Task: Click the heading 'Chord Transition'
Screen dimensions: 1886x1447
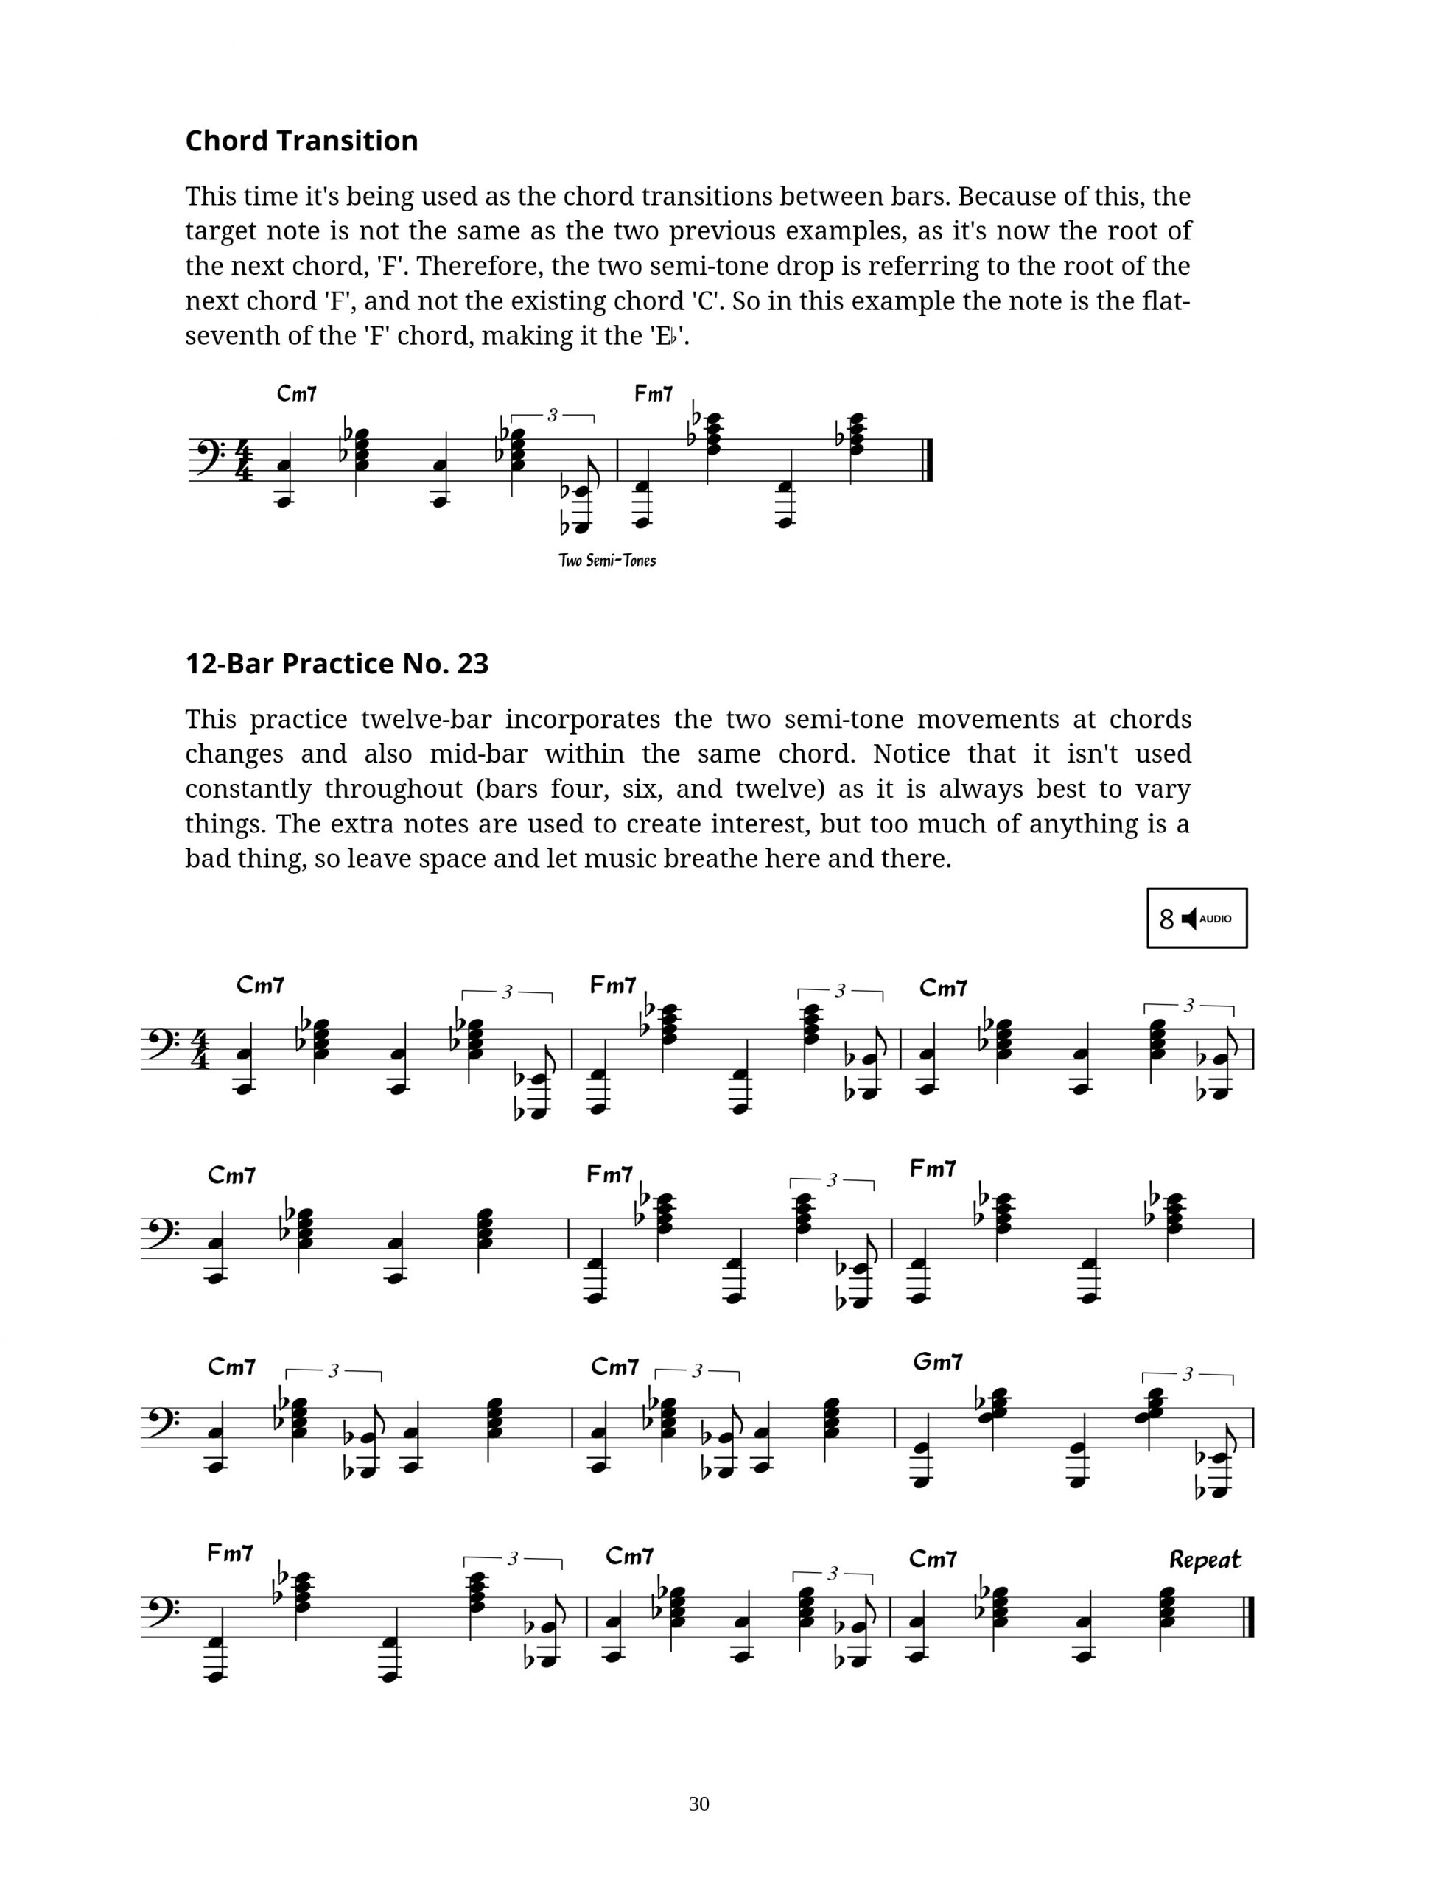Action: pyautogui.click(x=301, y=141)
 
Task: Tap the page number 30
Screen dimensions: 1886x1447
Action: pyautogui.click(x=698, y=1803)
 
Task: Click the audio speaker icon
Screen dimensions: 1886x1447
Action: pyautogui.click(x=1188, y=919)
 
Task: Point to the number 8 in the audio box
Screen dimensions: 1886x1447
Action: pyautogui.click(x=1166, y=919)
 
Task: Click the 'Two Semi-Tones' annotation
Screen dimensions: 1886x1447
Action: pyautogui.click(x=607, y=561)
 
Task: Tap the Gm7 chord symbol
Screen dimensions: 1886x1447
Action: pyautogui.click(x=937, y=1361)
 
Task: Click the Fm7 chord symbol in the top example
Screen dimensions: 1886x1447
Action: pyautogui.click(x=653, y=393)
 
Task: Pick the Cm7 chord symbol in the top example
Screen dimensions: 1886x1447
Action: pyautogui.click(x=296, y=393)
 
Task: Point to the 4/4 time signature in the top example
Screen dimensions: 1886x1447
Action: pyautogui.click(x=244, y=460)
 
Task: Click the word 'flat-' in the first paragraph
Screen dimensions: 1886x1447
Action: pyautogui.click(x=1166, y=301)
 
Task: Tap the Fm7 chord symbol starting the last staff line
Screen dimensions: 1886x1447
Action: pyautogui.click(x=230, y=1553)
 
